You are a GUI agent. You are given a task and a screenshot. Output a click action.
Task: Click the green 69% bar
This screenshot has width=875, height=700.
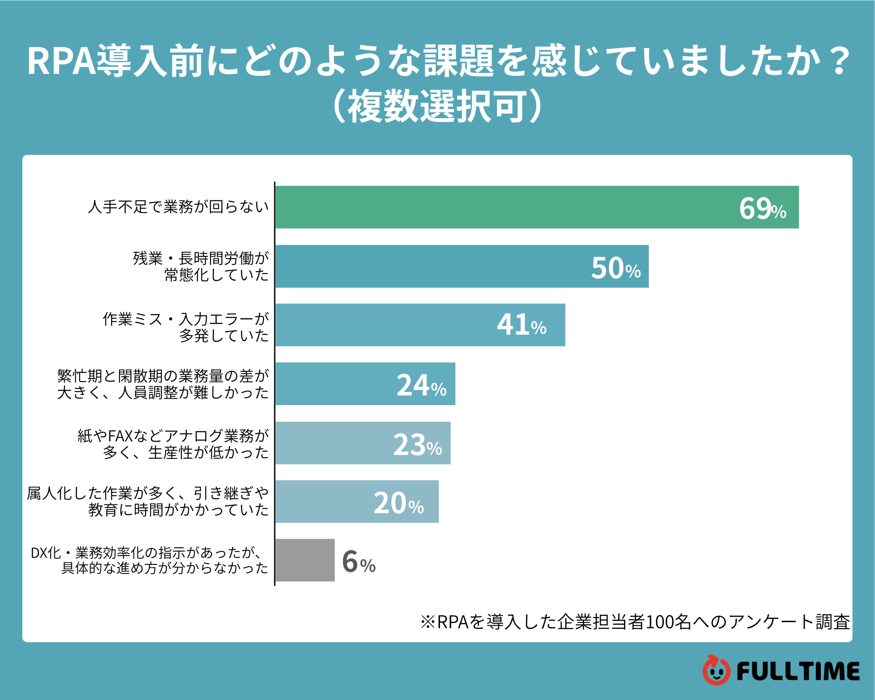503,207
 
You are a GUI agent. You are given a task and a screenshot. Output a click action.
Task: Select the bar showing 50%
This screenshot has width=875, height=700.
437,266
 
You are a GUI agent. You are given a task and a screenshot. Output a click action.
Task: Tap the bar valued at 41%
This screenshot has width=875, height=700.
394,325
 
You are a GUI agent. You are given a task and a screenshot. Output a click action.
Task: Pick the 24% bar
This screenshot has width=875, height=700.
341,384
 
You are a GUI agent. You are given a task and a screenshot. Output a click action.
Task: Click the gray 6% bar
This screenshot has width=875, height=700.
305,560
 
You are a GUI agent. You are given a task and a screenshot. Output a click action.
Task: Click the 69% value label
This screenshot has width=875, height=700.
762,209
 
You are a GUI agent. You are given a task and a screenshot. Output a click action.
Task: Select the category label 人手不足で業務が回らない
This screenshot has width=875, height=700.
178,207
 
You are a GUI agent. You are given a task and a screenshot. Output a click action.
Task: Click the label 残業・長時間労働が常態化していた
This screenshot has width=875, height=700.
201,266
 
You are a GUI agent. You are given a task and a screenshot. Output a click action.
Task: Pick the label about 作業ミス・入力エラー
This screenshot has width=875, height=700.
185,327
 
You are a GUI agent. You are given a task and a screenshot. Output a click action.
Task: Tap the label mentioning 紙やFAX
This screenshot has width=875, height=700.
173,444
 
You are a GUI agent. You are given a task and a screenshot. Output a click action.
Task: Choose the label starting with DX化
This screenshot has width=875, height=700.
149,560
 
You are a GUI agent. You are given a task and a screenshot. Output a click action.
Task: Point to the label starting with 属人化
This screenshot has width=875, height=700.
148,501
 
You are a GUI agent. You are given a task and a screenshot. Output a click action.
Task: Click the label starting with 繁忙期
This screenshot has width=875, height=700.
163,384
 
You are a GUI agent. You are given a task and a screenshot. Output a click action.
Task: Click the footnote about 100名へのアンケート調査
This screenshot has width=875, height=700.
635,622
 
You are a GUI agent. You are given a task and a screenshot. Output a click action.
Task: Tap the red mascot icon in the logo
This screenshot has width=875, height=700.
716,670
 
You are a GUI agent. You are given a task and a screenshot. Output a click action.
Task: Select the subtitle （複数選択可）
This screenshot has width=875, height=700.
437,106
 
